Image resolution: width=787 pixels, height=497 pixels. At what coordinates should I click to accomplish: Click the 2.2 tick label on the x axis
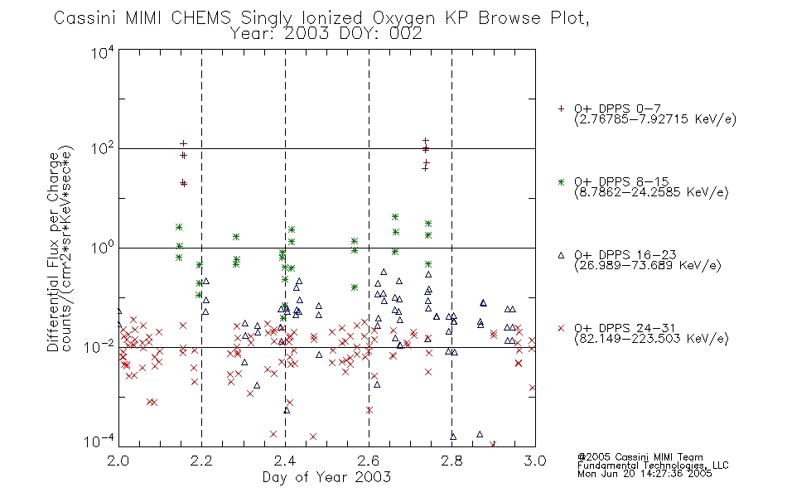pos(202,461)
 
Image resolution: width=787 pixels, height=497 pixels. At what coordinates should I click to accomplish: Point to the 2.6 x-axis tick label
pos(369,461)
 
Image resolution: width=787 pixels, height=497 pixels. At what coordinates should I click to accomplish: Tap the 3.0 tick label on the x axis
pos(535,461)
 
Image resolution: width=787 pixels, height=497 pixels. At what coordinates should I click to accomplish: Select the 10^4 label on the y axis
pos(103,52)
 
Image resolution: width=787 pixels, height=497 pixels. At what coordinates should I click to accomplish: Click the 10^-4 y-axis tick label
pos(99,441)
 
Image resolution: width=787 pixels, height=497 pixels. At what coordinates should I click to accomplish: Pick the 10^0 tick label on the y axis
pos(103,248)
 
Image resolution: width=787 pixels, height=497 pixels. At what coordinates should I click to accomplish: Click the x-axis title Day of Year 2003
pos(326,477)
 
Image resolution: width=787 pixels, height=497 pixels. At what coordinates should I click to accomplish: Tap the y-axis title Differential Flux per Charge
pos(54,252)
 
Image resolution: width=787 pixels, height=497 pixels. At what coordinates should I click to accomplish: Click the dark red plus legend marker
pos(561,109)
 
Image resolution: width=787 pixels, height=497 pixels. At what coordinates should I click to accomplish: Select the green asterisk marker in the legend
pos(561,181)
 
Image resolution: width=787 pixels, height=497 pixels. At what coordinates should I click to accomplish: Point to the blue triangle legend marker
pos(561,255)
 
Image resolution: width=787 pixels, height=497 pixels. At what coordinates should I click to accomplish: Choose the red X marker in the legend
pos(561,328)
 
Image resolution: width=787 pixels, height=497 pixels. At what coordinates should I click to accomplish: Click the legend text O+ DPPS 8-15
pos(621,181)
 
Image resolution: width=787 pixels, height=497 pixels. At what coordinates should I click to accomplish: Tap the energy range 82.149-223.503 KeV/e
pos(651,339)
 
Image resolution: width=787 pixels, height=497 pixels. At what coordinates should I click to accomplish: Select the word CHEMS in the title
pos(200,18)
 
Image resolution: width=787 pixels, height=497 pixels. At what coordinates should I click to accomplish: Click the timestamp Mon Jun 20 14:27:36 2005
pos(645,474)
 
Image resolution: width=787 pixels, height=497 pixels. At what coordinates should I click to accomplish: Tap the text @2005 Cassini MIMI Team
pos(640,457)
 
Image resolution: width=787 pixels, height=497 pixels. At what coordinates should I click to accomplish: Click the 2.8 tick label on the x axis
pos(451,461)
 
